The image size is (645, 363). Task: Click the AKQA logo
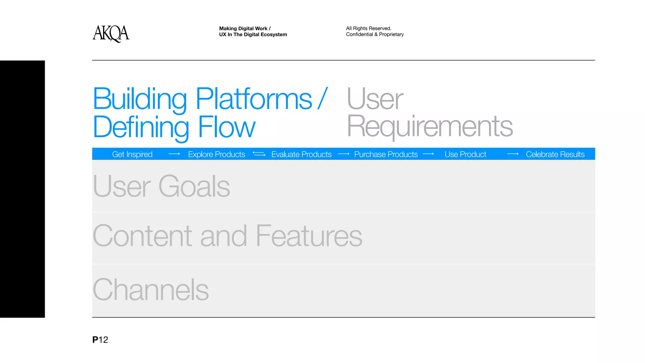111,33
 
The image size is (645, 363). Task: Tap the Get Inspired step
132,154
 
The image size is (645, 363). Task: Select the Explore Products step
216,154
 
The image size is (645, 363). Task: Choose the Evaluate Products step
301,154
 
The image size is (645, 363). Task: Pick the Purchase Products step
386,154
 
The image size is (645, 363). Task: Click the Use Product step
465,154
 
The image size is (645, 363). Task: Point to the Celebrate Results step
555,154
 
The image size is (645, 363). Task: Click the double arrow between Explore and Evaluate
259,154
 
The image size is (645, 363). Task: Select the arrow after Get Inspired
174,154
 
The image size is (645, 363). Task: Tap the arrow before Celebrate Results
513,154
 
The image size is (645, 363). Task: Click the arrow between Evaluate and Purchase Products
343,154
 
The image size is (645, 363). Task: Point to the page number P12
100,340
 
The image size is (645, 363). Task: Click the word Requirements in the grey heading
430,126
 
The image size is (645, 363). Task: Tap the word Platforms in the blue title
254,99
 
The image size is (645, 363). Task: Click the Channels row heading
151,290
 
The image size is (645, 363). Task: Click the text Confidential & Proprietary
375,34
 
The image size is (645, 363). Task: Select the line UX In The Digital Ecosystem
253,34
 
